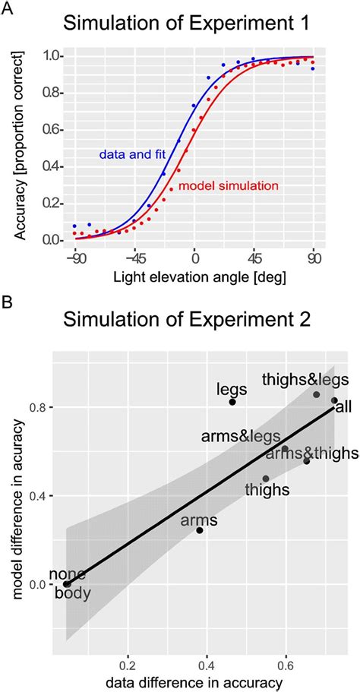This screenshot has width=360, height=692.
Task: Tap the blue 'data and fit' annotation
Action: coord(129,154)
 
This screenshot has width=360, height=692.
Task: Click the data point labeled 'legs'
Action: coord(232,402)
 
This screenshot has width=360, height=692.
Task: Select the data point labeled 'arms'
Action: coord(200,530)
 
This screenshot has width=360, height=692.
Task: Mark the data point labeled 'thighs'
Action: coord(266,479)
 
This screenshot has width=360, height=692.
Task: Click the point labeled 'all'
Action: coord(334,400)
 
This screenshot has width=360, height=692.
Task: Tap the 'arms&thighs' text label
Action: coord(311,453)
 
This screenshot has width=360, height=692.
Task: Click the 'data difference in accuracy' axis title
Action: coord(194,683)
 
